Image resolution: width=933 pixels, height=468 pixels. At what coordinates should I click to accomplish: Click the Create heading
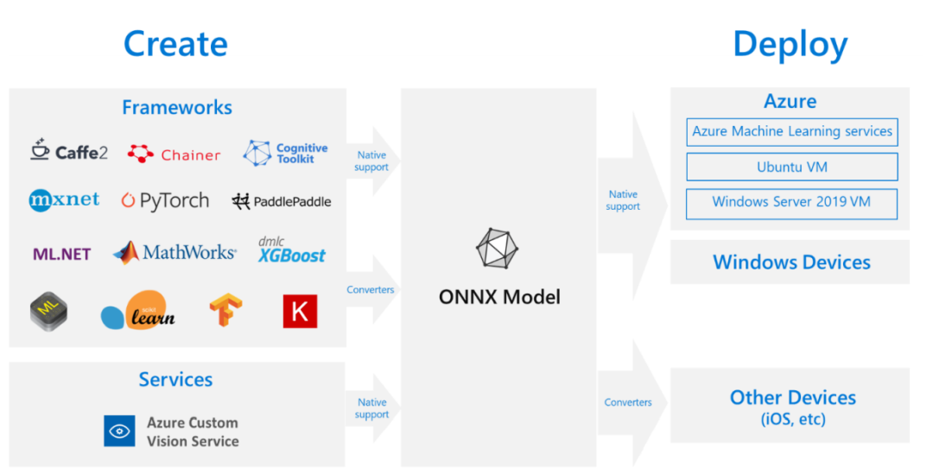tap(175, 43)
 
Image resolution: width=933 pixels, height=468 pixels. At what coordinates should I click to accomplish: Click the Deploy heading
tap(790, 43)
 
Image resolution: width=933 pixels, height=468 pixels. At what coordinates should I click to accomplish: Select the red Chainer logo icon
tap(141, 154)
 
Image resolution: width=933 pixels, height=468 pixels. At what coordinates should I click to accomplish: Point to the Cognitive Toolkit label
tap(301, 154)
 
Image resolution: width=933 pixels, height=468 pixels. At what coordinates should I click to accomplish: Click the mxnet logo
tap(64, 200)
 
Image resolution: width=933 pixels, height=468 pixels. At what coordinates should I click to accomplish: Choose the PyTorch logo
tap(165, 201)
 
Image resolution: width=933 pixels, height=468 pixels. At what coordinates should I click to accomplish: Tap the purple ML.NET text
tap(61, 254)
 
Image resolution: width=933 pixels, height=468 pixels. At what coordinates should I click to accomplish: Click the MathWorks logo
tap(175, 252)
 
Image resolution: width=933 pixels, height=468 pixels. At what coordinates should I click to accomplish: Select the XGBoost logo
tap(292, 251)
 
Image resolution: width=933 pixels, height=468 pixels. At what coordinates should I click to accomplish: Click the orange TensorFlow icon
tap(225, 311)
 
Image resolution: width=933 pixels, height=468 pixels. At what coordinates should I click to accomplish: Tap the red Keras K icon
tap(300, 312)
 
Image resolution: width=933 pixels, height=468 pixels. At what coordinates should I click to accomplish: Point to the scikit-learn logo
tap(139, 312)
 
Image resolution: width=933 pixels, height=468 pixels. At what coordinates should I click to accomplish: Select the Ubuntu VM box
tap(791, 167)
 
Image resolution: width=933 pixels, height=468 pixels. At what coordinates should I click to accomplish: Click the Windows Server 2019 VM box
tap(791, 203)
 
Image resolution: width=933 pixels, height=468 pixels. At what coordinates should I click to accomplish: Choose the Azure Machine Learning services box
tap(791, 132)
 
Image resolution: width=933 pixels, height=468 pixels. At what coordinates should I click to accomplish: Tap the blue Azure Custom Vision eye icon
tap(119, 431)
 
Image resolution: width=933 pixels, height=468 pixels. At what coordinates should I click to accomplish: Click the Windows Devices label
tap(791, 262)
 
